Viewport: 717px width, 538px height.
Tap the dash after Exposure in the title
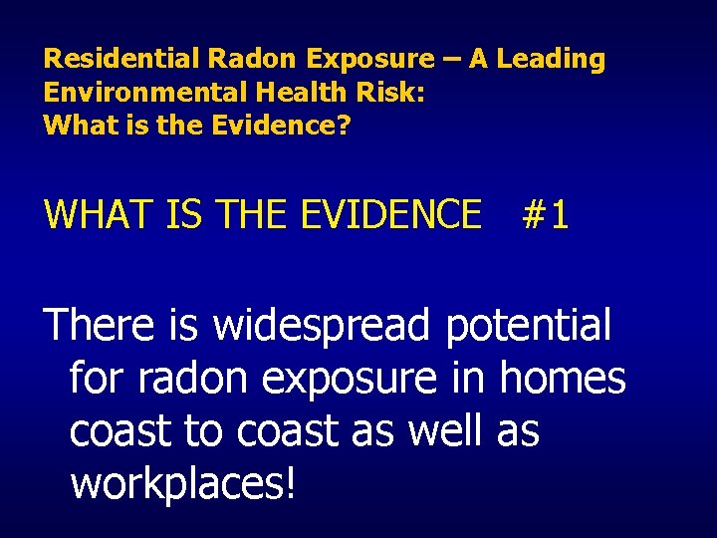[x=452, y=59]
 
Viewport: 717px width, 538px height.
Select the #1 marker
[x=546, y=214]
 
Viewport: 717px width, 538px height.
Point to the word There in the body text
[x=100, y=326]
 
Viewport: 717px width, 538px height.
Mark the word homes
[x=563, y=380]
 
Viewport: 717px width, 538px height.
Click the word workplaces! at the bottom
[x=183, y=485]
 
